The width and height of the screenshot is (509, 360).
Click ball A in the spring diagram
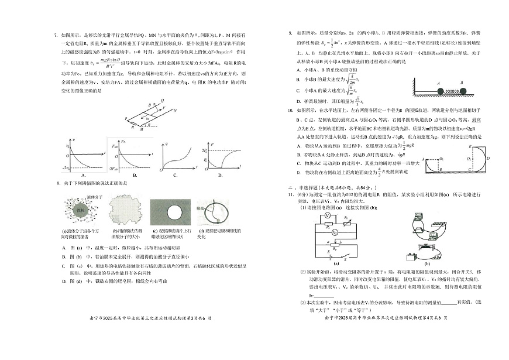(438, 91)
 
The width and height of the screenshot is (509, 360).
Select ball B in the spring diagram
(463, 91)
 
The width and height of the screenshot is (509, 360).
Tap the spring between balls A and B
(450, 91)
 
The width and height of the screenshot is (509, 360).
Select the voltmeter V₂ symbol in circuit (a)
(335, 232)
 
